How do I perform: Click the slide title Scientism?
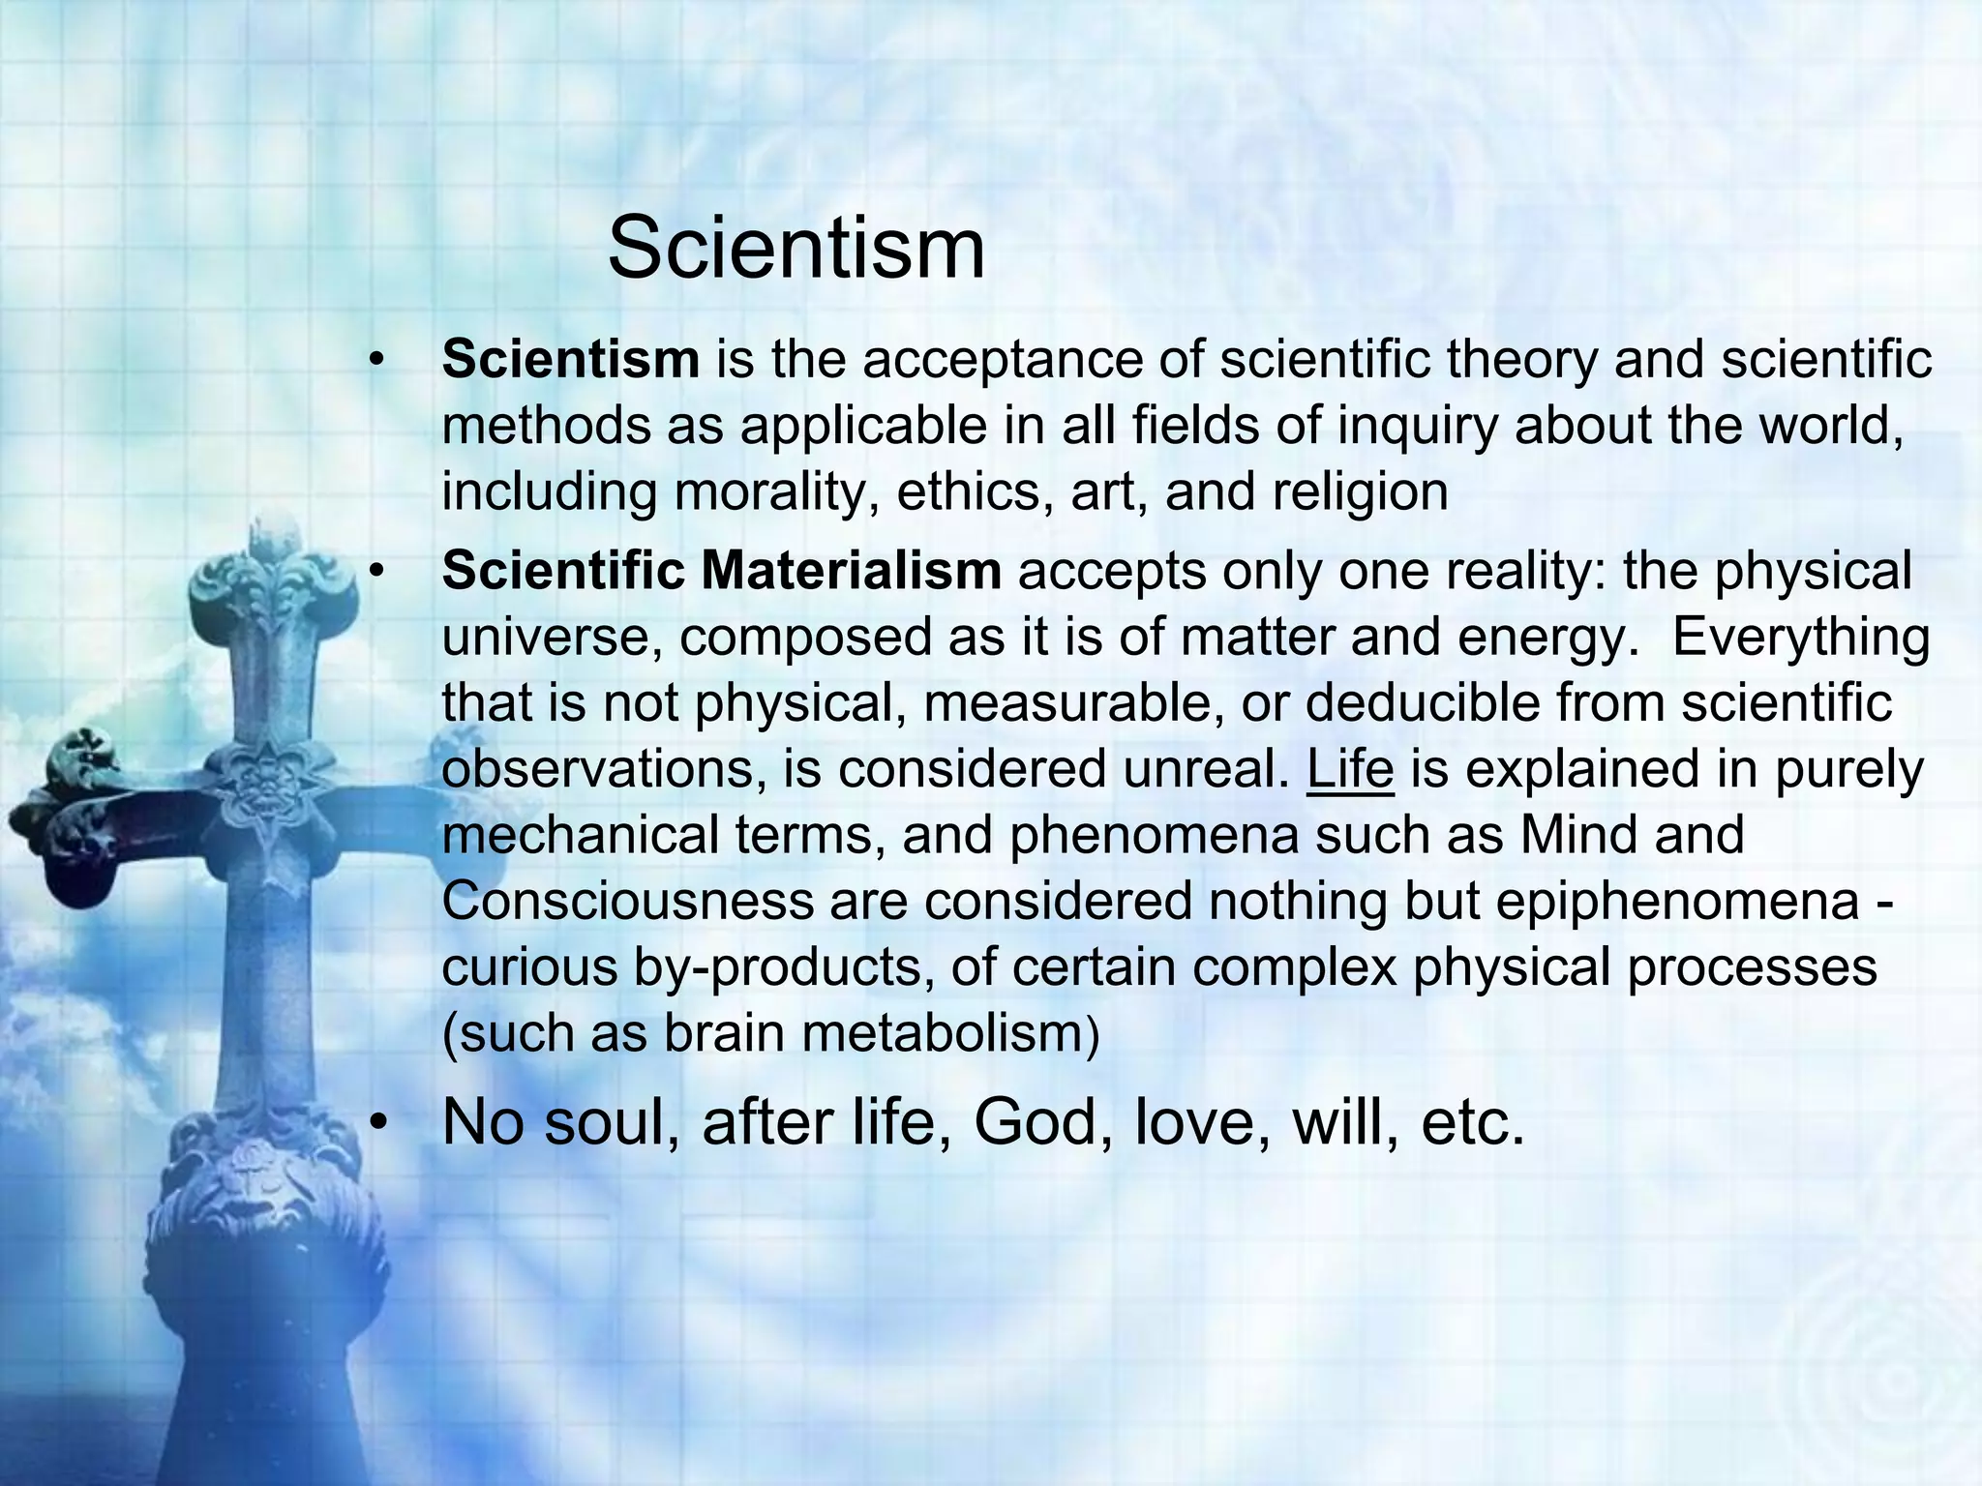click(x=796, y=250)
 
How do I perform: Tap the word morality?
click(x=776, y=491)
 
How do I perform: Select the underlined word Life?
click(x=1350, y=769)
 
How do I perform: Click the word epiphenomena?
click(x=1677, y=901)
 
